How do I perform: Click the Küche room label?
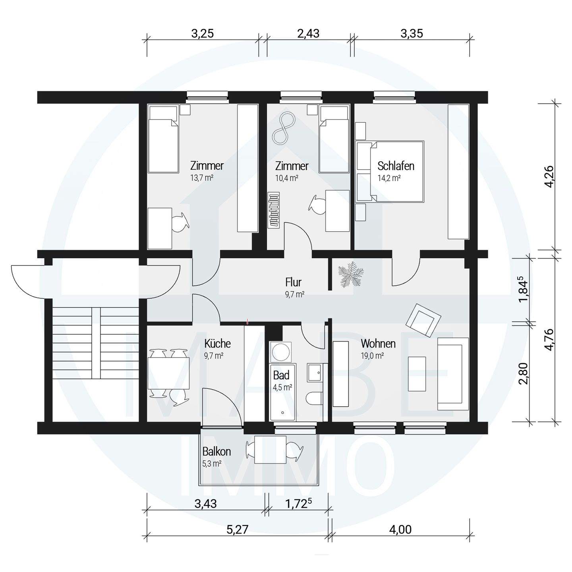click(217, 344)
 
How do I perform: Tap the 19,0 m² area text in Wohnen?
click(373, 356)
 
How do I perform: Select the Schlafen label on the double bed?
click(396, 166)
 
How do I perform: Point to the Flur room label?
click(293, 282)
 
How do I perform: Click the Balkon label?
click(216, 452)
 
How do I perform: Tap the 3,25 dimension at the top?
click(203, 33)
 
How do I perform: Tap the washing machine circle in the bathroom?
click(281, 352)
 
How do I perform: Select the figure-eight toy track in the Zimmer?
click(284, 128)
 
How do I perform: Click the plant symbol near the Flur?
click(351, 274)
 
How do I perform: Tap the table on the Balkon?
click(271, 450)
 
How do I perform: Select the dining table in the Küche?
click(168, 373)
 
